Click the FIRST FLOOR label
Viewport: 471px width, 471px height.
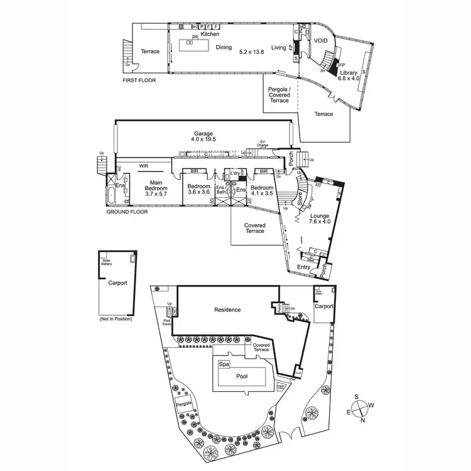tap(139, 80)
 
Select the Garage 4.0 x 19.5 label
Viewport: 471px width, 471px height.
tap(203, 136)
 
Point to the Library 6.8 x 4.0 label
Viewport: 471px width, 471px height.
tap(349, 75)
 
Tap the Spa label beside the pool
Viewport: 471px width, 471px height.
tap(223, 364)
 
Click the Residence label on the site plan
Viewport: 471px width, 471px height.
tap(228, 310)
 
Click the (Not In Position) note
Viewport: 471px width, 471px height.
tap(116, 320)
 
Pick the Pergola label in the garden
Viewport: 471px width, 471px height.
tap(183, 405)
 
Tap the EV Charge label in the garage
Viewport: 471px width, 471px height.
tap(263, 144)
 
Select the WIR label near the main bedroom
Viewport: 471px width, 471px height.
tap(145, 166)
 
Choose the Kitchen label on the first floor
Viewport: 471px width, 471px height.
tap(210, 34)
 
